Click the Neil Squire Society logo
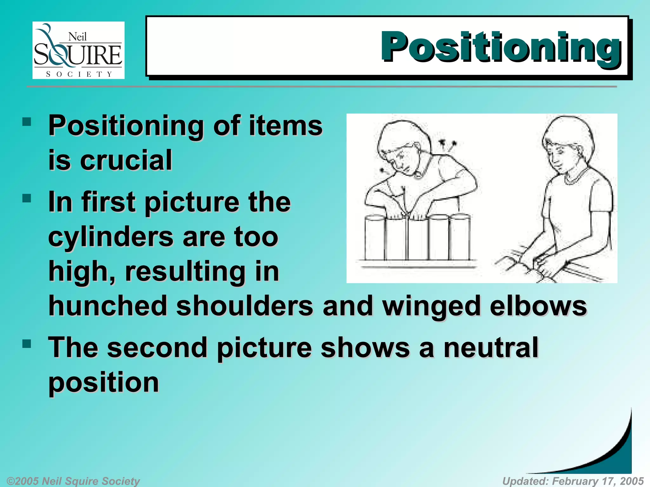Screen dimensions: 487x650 tap(78, 50)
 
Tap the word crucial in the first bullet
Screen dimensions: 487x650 tap(126, 160)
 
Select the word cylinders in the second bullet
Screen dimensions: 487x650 tap(110, 237)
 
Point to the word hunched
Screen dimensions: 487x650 tap(108, 306)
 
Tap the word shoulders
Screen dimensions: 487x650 tap(244, 306)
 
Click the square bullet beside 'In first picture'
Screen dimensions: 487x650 tap(27, 198)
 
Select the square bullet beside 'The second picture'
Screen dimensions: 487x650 tap(27, 344)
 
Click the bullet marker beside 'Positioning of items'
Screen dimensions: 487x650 tap(27, 122)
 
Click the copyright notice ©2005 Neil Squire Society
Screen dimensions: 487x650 tap(73, 481)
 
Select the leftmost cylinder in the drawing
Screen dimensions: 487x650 tap(375, 238)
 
